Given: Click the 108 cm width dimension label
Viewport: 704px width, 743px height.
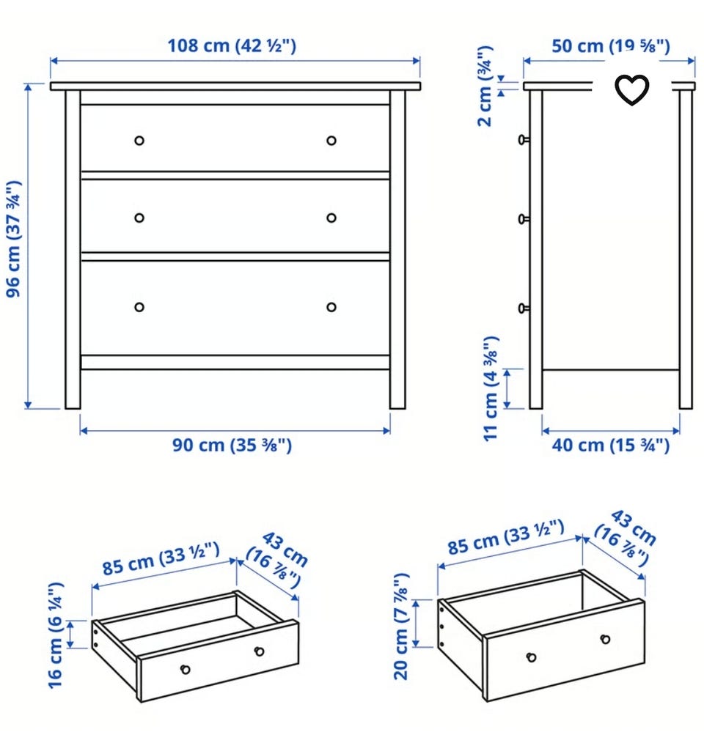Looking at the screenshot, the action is tap(232, 45).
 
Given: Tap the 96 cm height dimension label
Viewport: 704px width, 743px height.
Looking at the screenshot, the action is tap(14, 239).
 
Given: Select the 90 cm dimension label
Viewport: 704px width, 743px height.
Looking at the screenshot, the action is tap(232, 446).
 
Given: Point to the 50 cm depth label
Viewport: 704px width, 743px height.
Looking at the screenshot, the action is tap(611, 46).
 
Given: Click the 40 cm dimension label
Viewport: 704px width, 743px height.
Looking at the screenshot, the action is tap(611, 446).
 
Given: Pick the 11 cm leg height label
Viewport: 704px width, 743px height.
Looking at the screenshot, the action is tap(491, 388).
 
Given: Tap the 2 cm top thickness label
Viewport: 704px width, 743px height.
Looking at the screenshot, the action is tap(485, 86).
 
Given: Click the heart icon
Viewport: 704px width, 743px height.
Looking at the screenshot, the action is tap(632, 89).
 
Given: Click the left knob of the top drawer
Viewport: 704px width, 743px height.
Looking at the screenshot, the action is tap(139, 140).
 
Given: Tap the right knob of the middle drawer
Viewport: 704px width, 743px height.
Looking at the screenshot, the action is tap(331, 218).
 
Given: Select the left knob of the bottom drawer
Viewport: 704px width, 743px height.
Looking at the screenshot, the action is tap(139, 307).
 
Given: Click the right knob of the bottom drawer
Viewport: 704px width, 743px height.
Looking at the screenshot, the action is tap(331, 307).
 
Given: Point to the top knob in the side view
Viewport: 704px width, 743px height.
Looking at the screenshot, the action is tap(524, 139).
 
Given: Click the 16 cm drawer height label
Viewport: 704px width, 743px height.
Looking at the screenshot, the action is tap(56, 635).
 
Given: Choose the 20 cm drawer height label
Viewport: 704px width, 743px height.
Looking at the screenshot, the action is tap(401, 626).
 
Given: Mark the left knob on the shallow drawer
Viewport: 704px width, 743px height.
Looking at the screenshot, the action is tap(186, 669).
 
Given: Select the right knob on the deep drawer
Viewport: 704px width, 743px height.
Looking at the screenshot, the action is tap(605, 639).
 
